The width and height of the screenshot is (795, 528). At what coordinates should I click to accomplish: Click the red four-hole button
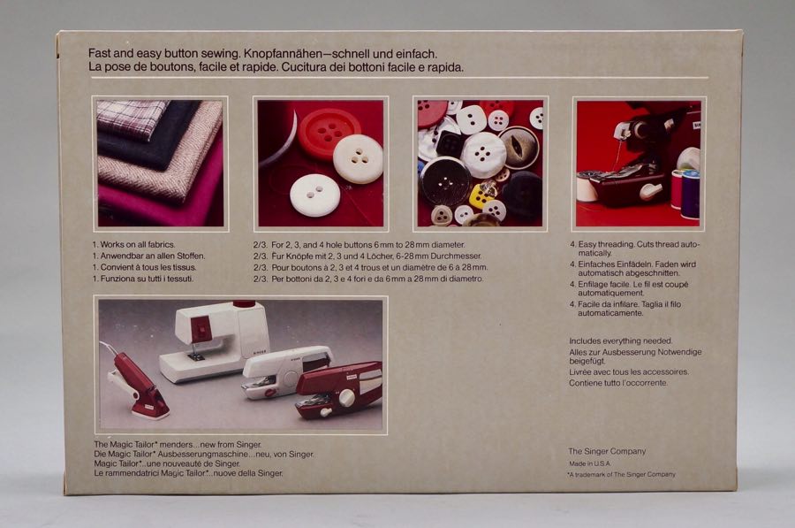click(329, 134)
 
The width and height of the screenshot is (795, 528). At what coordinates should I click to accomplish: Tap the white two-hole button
click(314, 195)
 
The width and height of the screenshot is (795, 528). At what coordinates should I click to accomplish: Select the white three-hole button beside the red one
click(358, 159)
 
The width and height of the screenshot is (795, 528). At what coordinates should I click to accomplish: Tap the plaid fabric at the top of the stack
click(131, 119)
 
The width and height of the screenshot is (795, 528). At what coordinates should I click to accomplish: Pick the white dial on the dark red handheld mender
click(347, 397)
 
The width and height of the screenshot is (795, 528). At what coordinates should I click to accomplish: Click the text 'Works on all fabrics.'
click(138, 245)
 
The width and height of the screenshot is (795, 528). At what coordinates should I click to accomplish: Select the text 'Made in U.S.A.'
click(590, 463)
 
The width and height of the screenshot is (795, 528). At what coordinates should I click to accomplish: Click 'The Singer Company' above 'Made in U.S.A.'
click(607, 451)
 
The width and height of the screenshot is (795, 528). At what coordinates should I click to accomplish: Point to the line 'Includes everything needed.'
click(621, 341)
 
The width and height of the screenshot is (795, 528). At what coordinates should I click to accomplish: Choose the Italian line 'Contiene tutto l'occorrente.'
click(618, 383)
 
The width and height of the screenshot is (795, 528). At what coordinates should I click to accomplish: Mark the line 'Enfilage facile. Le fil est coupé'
click(632, 284)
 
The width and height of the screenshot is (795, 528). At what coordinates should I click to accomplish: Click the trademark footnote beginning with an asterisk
click(621, 474)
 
